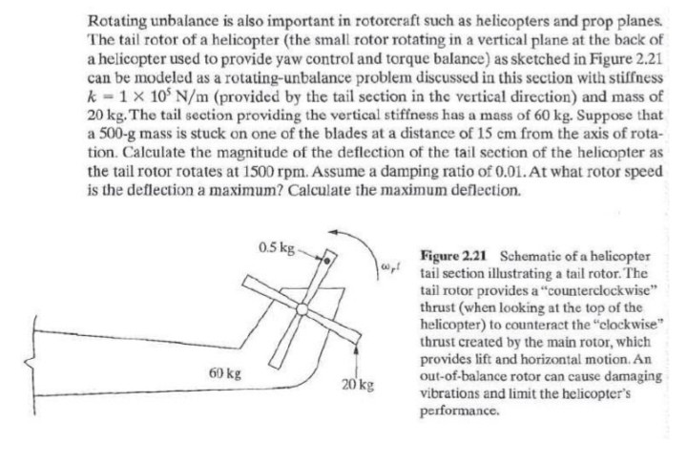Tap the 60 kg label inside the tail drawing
coord(222,370)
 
